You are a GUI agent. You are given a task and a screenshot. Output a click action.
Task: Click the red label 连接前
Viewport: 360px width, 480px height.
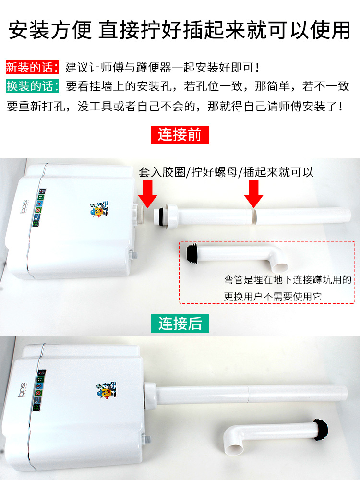[x=180, y=135]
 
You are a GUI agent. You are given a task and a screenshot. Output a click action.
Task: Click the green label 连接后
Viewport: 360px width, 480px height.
[x=180, y=323]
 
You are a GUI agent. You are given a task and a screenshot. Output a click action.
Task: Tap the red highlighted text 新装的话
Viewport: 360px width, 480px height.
[x=32, y=67]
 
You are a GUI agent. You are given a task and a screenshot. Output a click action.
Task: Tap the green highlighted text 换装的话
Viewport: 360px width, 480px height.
[x=32, y=86]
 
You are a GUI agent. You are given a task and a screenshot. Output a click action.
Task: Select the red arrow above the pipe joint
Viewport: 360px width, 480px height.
[x=253, y=194]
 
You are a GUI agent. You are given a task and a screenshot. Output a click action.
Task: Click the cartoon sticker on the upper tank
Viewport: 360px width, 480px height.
[x=99, y=209]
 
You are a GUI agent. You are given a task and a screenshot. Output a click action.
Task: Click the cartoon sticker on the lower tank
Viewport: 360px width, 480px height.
[x=106, y=390]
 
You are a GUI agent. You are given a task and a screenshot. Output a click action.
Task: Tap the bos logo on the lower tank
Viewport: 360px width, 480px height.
[x=22, y=390]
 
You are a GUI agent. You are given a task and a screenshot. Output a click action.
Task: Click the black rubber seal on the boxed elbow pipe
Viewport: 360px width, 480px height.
[x=192, y=253]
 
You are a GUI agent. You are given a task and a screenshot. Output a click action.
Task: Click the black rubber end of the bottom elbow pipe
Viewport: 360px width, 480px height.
[x=321, y=429]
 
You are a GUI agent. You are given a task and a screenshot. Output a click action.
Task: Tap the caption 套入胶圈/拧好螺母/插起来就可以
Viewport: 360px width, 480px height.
[x=226, y=172]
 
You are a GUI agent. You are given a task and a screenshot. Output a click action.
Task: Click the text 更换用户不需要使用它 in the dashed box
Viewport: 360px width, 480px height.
[x=273, y=296]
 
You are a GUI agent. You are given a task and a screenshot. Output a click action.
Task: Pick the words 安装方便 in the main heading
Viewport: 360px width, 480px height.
[x=50, y=30]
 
